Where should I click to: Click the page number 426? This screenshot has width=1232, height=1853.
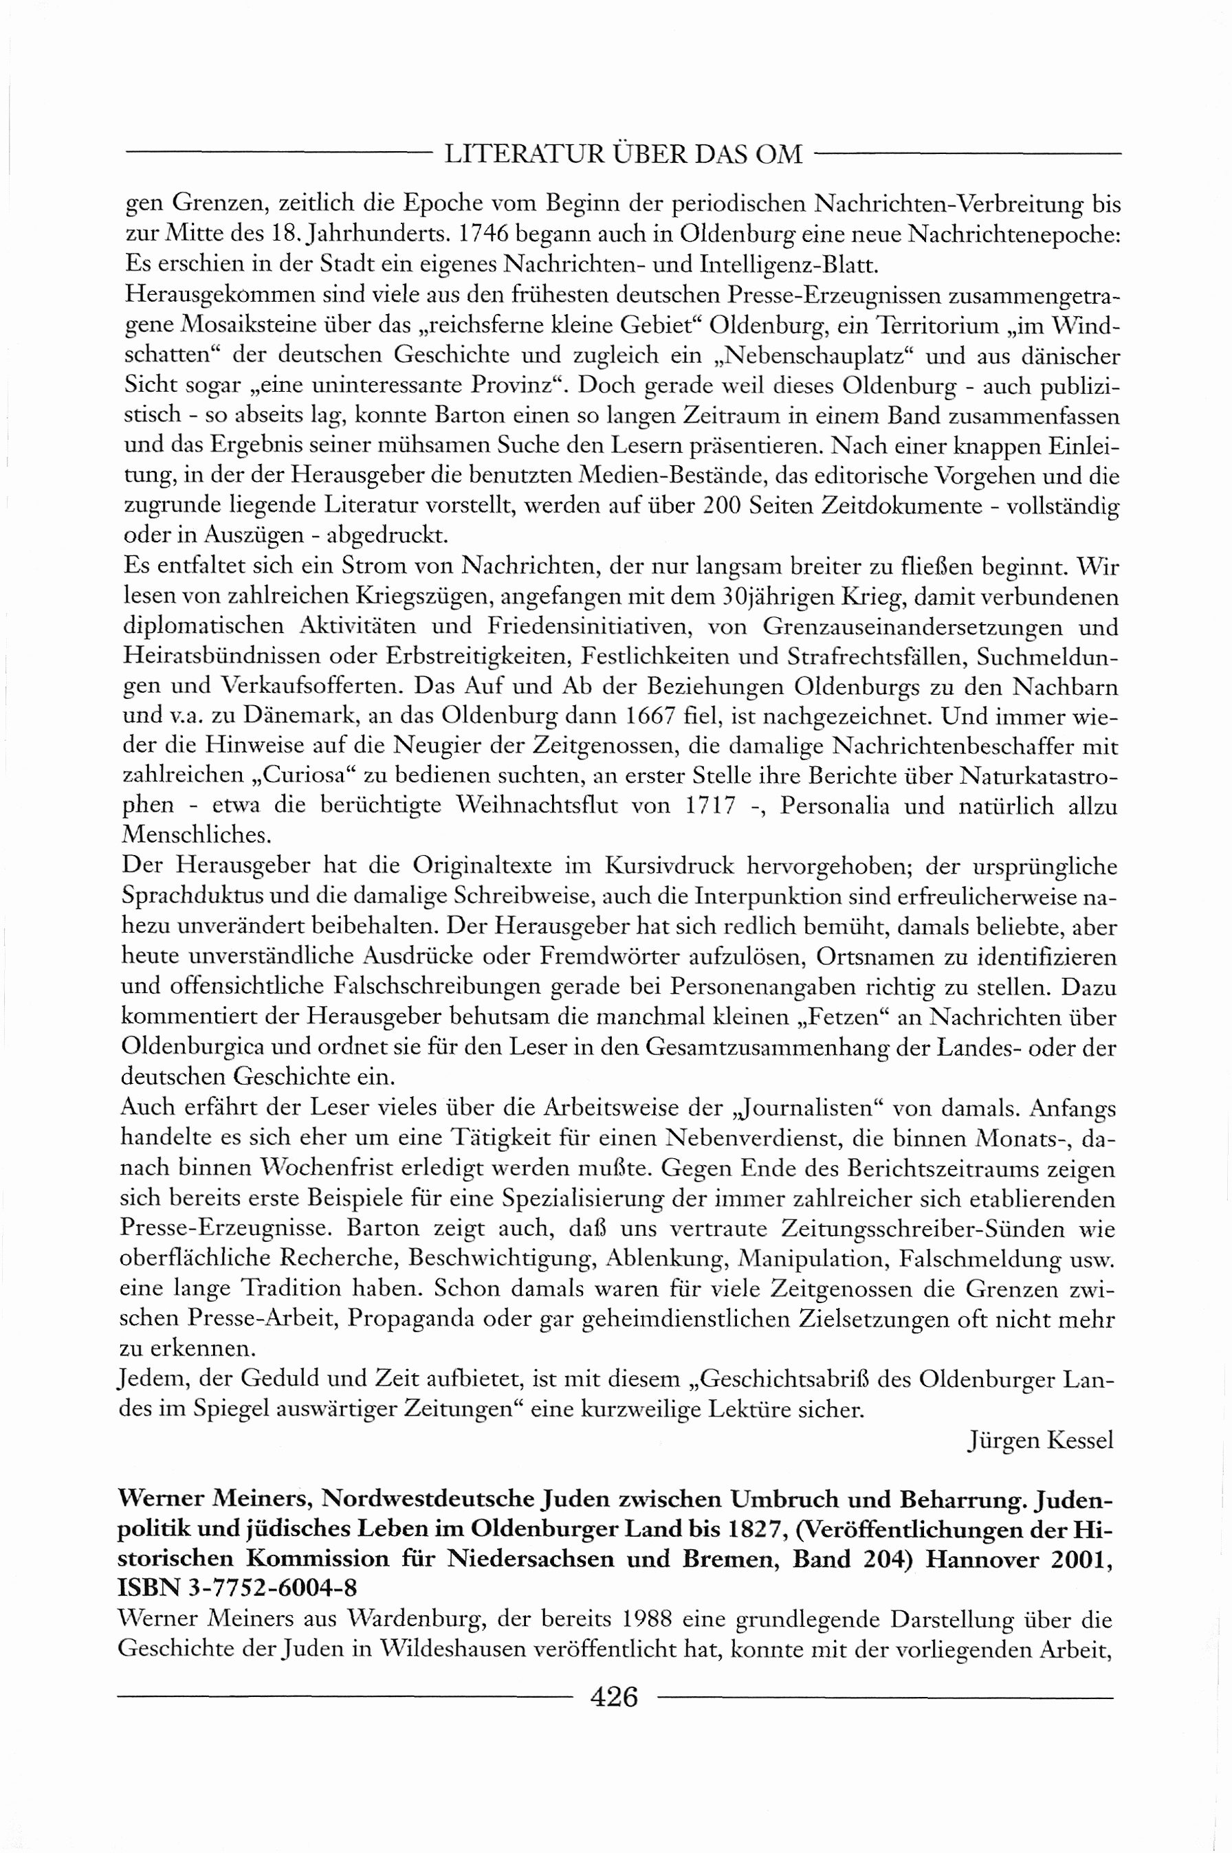point(614,1698)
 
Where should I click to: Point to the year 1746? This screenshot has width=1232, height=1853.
point(485,234)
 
